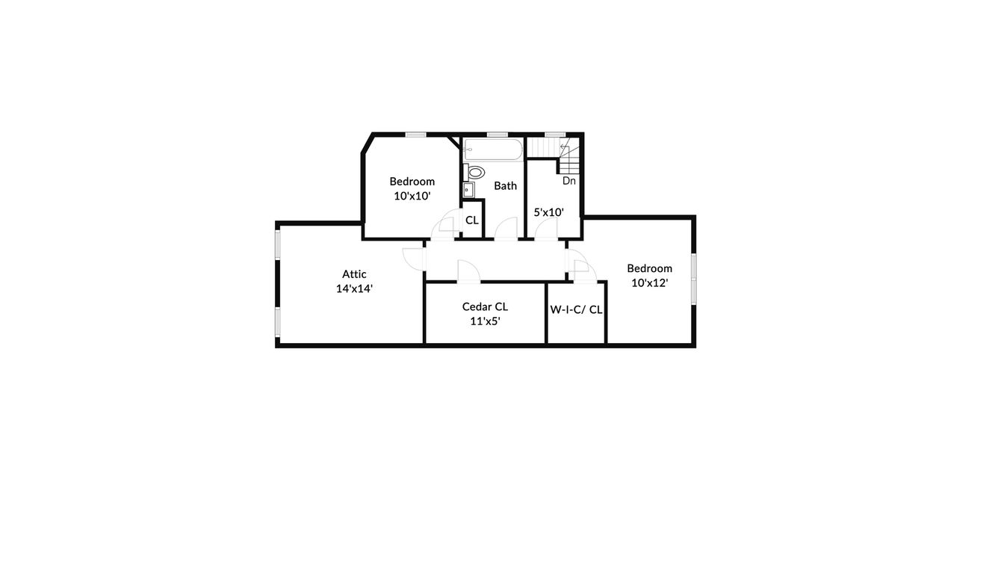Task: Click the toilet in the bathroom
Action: coord(476,173)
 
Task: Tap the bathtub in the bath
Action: coord(493,149)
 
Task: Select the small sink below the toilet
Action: coord(469,188)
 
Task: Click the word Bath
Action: coord(505,185)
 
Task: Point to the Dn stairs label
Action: coord(569,180)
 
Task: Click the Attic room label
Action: coord(354,274)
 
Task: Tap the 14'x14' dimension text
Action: coord(354,288)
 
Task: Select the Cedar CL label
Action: coord(485,306)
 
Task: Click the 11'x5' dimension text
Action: coord(485,321)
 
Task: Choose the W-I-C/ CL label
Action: coord(576,309)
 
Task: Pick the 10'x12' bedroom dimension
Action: coord(649,282)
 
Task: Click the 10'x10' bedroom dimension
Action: coord(412,196)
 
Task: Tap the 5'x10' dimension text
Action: coord(548,212)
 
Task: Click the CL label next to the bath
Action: coord(471,220)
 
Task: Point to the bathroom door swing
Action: coord(508,229)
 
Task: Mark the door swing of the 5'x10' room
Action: coord(545,229)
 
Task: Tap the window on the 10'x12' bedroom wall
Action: coord(693,279)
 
